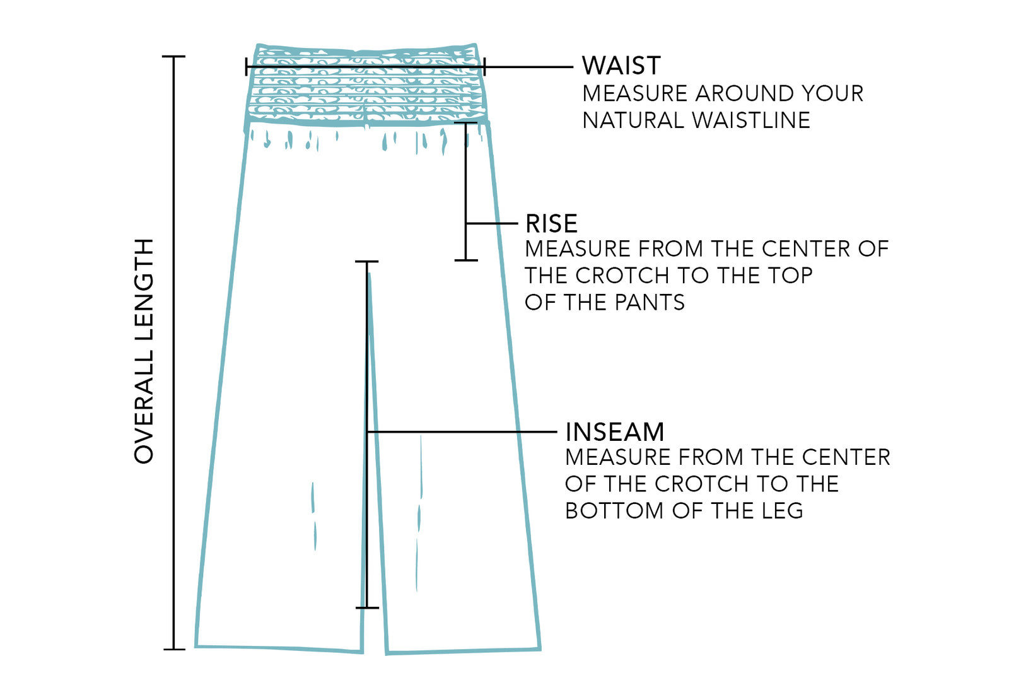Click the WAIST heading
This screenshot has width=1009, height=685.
click(x=621, y=66)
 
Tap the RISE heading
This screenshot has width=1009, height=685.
click(x=551, y=224)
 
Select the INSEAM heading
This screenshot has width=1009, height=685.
click(x=614, y=432)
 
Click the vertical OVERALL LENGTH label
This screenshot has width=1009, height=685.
click(x=144, y=351)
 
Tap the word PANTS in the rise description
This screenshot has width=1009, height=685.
click(x=649, y=303)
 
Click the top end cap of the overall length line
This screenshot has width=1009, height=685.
click(x=173, y=57)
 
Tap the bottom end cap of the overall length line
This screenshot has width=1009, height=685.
click(x=173, y=648)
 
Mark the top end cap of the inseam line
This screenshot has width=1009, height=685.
click(x=366, y=261)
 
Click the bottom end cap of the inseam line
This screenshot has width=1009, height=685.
click(x=367, y=607)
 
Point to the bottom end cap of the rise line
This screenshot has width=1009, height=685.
click(x=466, y=259)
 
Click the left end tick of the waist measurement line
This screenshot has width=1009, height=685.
click(x=247, y=66)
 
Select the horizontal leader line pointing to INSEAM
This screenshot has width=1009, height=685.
click(x=460, y=432)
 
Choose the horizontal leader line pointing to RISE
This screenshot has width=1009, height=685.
click(x=492, y=223)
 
